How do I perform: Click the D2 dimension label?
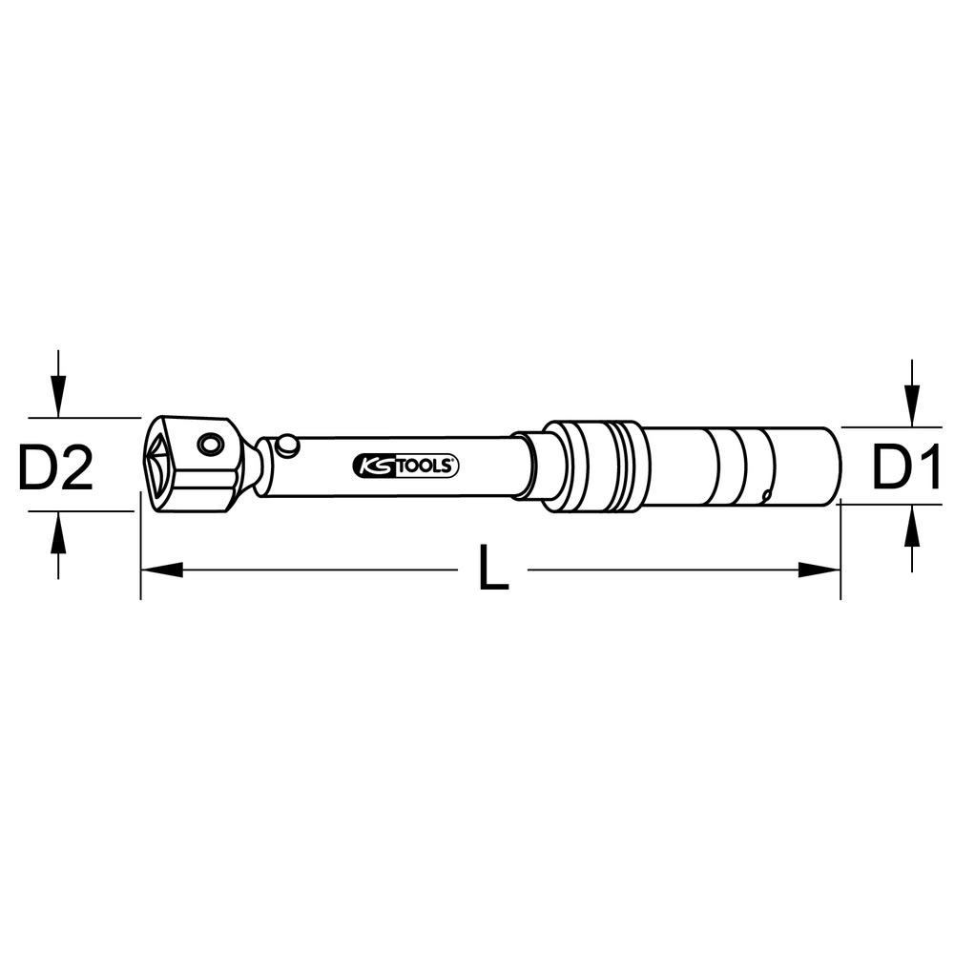tap(55, 467)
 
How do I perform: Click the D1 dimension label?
tap(906, 467)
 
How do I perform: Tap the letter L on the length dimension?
tap(493, 567)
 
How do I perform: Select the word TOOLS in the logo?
tap(425, 467)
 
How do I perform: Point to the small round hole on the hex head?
tap(211, 445)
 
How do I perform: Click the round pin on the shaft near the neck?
tap(286, 445)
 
